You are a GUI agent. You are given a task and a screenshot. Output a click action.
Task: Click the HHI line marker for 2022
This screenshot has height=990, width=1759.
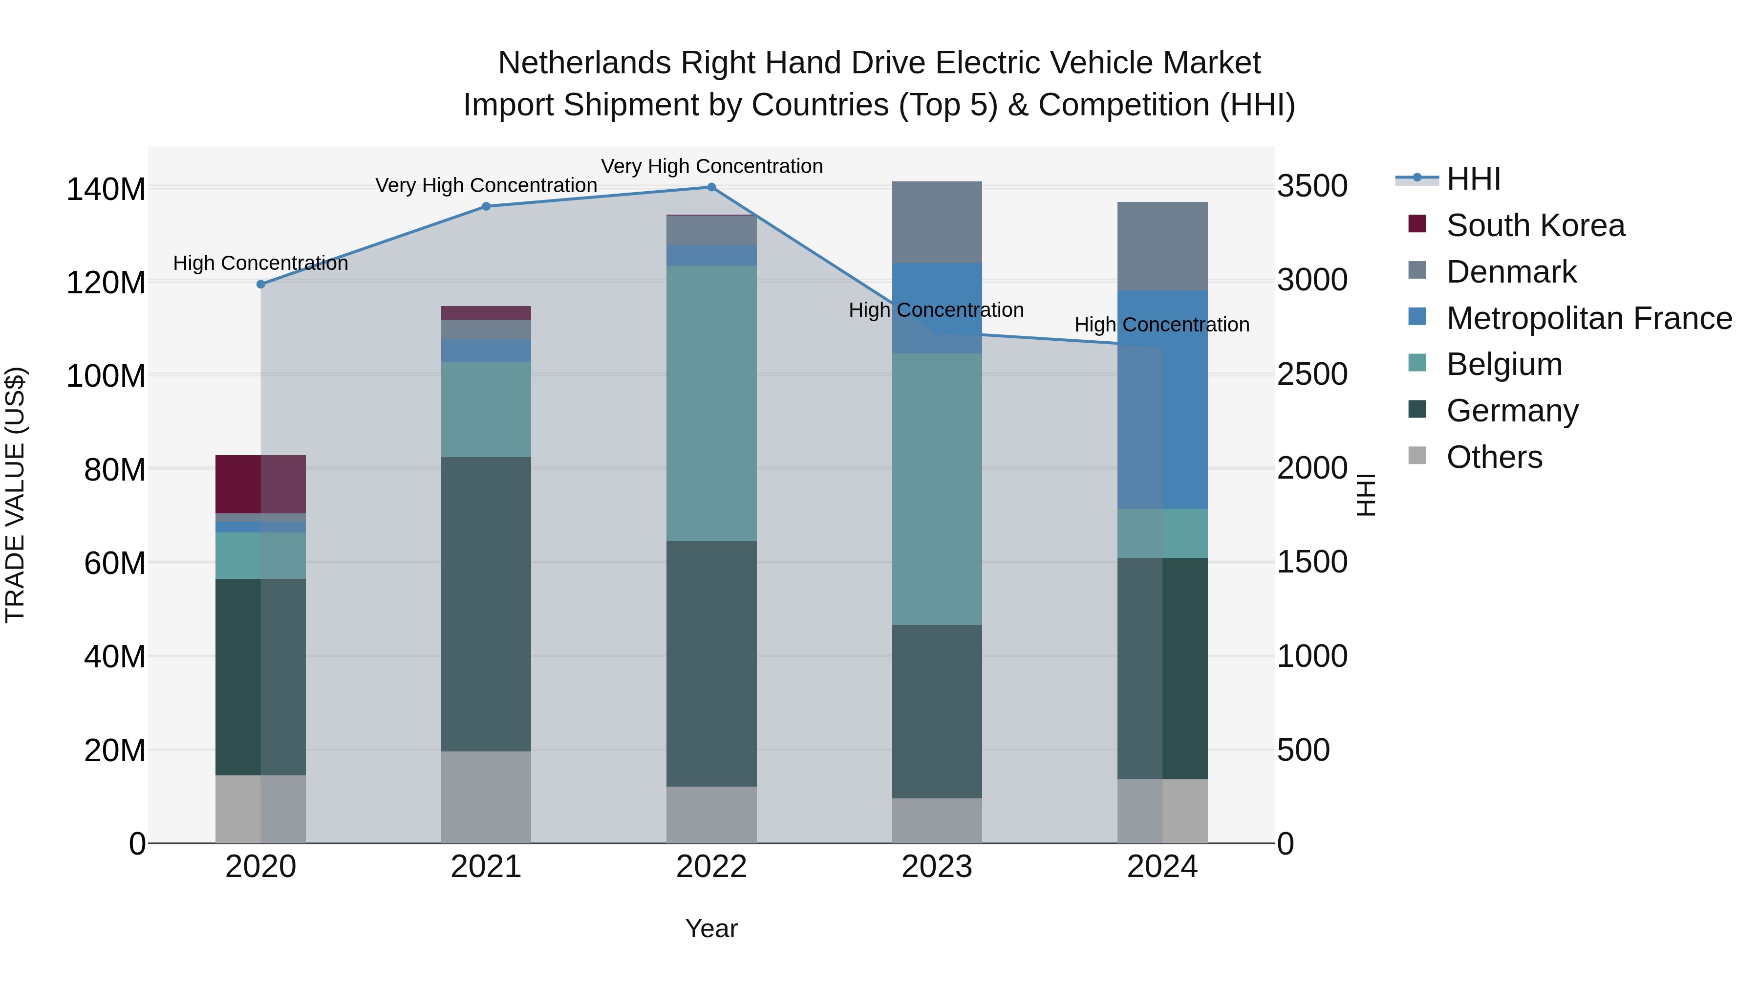pos(711,187)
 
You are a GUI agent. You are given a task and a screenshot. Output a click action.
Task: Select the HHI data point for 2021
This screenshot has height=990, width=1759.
pos(486,206)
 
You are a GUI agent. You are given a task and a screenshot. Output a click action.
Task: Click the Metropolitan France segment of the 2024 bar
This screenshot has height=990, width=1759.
pos(1162,400)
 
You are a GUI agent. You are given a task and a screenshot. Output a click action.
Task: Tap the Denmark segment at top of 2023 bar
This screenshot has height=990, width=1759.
pos(937,222)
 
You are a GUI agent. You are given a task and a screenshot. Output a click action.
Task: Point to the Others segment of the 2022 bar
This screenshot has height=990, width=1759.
pos(711,814)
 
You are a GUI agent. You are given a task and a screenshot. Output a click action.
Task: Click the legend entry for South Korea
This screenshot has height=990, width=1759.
pos(1535,225)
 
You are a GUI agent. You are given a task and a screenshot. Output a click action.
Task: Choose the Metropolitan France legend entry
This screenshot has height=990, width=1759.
pos(1588,318)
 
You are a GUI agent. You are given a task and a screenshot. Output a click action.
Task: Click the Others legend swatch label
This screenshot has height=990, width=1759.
pos(1494,457)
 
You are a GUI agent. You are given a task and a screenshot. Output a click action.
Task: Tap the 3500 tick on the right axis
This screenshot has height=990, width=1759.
pos(1312,187)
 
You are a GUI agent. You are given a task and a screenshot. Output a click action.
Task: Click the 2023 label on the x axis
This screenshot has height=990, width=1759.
pos(937,867)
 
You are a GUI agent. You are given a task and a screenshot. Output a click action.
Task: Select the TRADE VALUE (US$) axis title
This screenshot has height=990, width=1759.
pos(15,495)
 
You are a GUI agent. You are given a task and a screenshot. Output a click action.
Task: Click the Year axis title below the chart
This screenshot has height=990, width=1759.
pos(711,928)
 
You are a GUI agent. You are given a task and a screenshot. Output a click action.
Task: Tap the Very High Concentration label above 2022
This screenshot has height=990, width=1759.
pos(711,166)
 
